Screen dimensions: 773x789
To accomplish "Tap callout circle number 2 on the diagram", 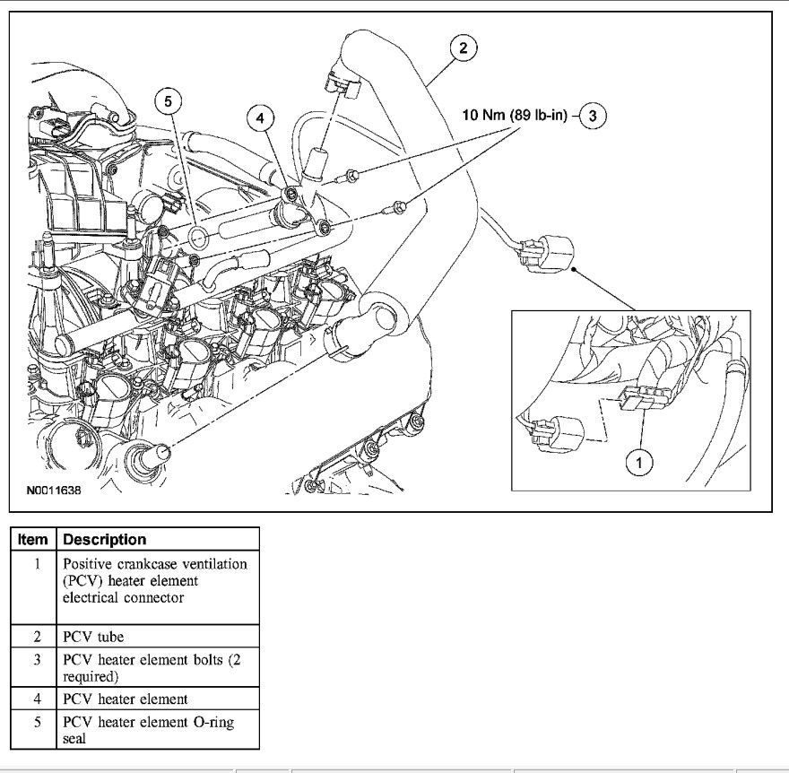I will click(463, 48).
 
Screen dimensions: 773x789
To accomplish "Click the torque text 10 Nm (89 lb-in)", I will click(514, 116).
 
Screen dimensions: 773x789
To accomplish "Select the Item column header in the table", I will click(32, 540).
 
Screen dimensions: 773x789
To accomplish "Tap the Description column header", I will click(103, 540).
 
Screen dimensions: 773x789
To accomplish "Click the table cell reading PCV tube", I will click(157, 638).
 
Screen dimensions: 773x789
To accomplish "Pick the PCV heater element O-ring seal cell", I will click(157, 728).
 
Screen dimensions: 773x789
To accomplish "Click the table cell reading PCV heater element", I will click(157, 698).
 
